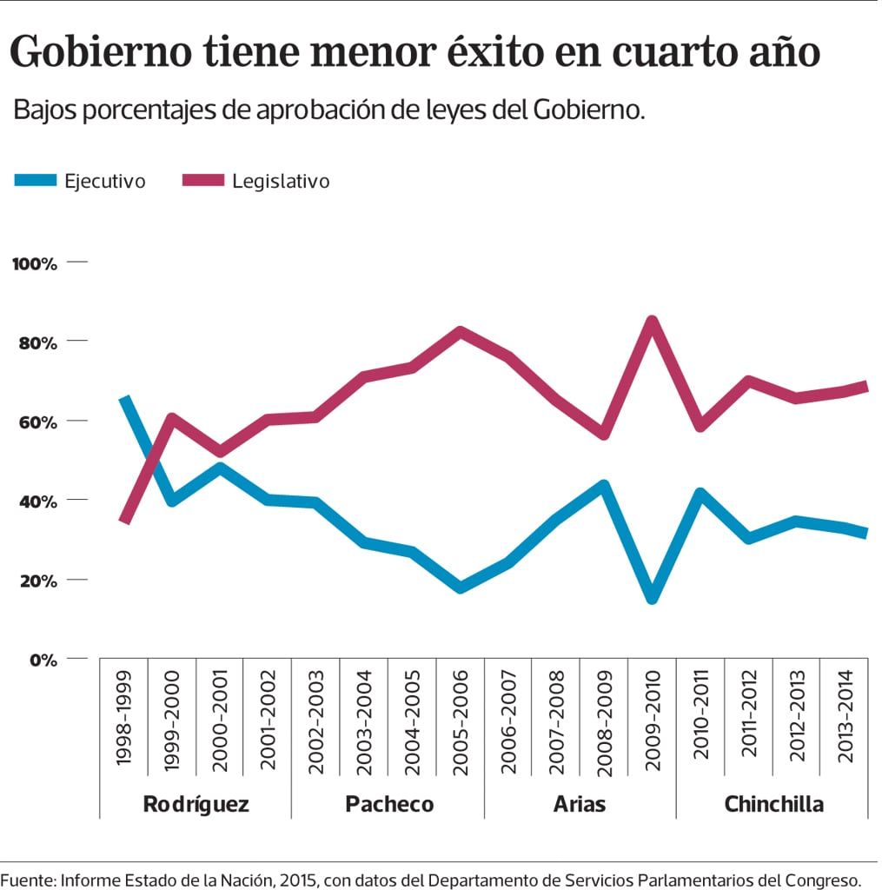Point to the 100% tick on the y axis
(35, 263)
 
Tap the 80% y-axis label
(36, 342)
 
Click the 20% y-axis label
(36, 581)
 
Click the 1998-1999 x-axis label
(123, 718)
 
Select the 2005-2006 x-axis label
(461, 718)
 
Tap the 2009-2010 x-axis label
(653, 718)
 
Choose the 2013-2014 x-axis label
(845, 718)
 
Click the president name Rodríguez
(196, 803)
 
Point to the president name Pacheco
(388, 803)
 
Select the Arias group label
(580, 803)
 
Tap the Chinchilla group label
(773, 803)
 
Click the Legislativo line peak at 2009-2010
(653, 321)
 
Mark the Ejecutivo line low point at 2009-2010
(653, 599)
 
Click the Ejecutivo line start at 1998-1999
(125, 399)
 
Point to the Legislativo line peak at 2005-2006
(461, 331)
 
